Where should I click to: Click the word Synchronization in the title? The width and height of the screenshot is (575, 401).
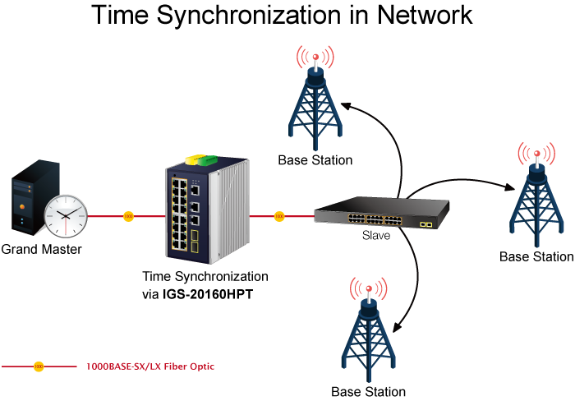click(x=250, y=15)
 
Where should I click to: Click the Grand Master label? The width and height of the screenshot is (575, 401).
click(x=41, y=250)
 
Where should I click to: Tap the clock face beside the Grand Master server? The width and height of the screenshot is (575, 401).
click(x=66, y=216)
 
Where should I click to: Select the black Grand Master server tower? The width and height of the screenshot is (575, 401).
click(x=35, y=197)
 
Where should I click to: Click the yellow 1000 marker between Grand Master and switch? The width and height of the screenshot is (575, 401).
click(x=128, y=216)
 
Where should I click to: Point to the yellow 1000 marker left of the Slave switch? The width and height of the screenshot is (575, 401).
click(x=279, y=216)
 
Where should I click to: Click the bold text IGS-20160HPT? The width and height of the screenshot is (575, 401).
click(x=208, y=294)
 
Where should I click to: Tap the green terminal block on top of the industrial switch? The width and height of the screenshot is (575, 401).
click(x=208, y=160)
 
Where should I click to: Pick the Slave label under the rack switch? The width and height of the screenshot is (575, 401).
click(x=376, y=235)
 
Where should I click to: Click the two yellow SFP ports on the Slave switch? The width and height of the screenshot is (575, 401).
click(x=426, y=224)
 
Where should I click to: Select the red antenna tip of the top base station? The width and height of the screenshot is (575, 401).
click(x=315, y=57)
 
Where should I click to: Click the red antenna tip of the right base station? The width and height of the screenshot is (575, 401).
click(x=537, y=154)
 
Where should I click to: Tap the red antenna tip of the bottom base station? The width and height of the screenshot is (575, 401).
click(x=369, y=288)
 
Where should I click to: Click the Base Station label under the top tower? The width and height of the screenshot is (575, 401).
click(x=315, y=160)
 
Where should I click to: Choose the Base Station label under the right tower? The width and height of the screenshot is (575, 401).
click(x=536, y=257)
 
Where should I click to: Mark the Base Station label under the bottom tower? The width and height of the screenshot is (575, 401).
click(x=369, y=392)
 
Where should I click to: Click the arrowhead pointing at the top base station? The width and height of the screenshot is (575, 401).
click(x=347, y=106)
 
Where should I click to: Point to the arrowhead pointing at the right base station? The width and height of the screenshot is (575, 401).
click(x=509, y=187)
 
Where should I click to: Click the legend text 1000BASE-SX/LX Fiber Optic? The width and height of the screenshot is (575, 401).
click(x=150, y=366)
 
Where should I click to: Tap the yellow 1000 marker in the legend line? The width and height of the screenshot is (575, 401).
click(x=39, y=366)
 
